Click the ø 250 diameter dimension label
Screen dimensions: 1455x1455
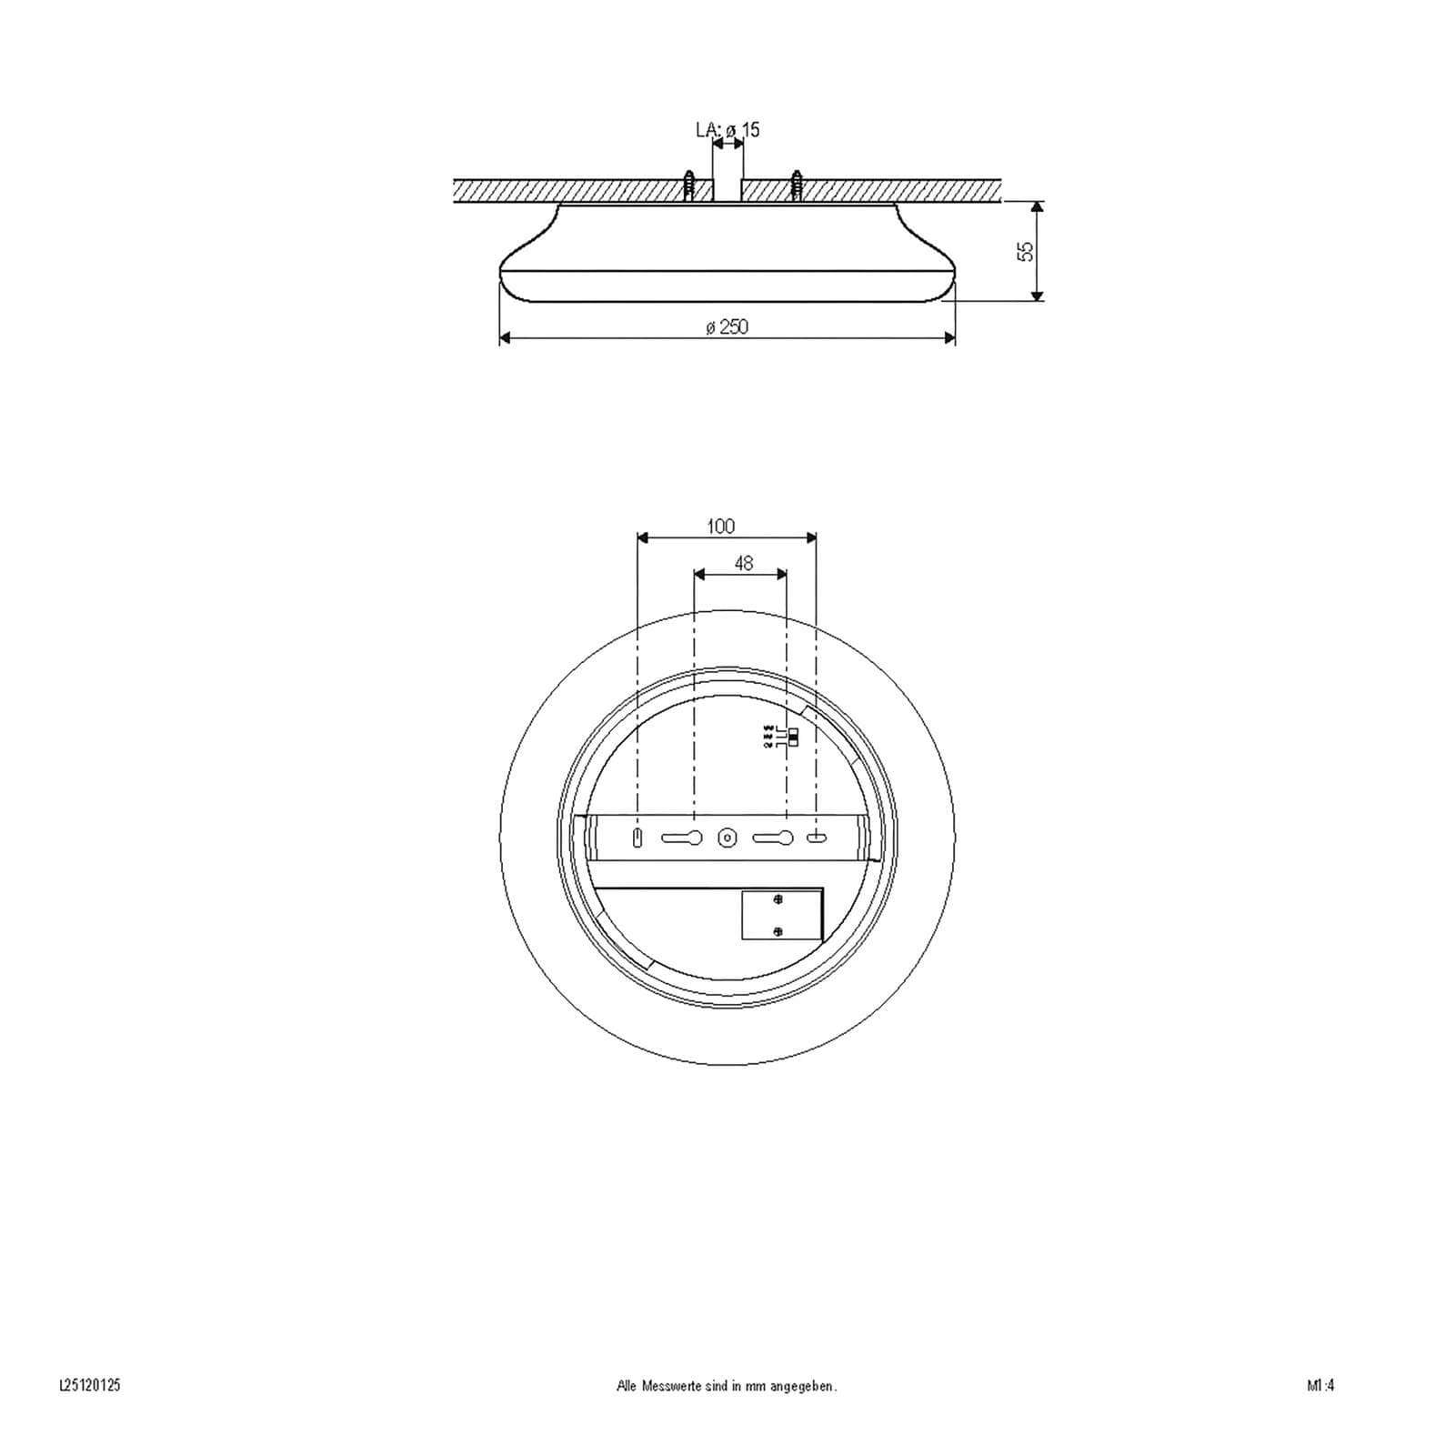[x=727, y=326]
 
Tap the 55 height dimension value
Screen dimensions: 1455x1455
[x=1026, y=252]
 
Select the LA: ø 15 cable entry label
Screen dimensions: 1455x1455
[x=727, y=130]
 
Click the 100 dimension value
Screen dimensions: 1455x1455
[x=720, y=526]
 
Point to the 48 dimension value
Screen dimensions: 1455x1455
[x=743, y=564]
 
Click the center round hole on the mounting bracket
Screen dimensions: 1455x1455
[x=727, y=838]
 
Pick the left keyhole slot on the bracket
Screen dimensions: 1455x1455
[x=682, y=838]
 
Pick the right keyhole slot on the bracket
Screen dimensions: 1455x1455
[x=773, y=838]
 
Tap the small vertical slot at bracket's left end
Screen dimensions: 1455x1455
[x=637, y=838]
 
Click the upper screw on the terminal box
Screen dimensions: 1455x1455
[x=778, y=900]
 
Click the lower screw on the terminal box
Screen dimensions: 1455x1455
[x=778, y=930]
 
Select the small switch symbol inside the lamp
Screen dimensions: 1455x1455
[x=794, y=737]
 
